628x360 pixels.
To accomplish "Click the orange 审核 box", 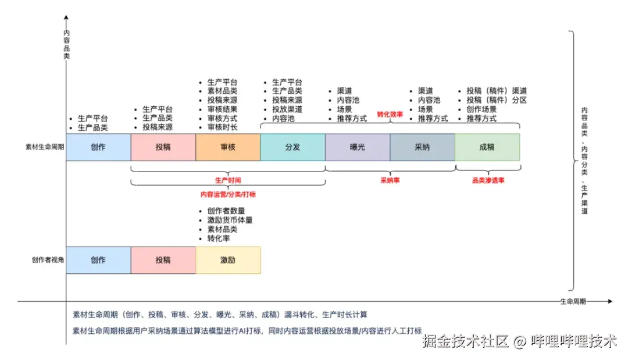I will [x=228, y=147].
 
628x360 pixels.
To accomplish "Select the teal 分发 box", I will [x=292, y=147].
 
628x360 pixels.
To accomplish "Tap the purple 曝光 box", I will [x=357, y=147].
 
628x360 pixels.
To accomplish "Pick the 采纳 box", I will [x=422, y=147].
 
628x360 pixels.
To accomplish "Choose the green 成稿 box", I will [x=487, y=147].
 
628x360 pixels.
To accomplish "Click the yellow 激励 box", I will [x=228, y=260].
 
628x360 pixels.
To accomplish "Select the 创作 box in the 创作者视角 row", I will [x=98, y=260].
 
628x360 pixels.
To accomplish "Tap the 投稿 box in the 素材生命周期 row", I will [x=163, y=147].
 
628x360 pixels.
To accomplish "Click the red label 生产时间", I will [x=228, y=180].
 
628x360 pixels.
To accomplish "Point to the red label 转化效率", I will [x=390, y=115].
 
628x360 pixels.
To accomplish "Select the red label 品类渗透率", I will [x=488, y=180].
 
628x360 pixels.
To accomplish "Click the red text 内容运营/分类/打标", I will [x=228, y=194].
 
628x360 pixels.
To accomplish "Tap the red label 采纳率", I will [x=390, y=180].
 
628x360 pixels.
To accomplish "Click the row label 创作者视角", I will [x=47, y=260].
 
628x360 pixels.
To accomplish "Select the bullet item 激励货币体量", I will [x=230, y=220].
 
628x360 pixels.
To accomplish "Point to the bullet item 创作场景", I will [x=481, y=109].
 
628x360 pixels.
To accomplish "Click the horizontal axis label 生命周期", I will [x=573, y=302].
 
